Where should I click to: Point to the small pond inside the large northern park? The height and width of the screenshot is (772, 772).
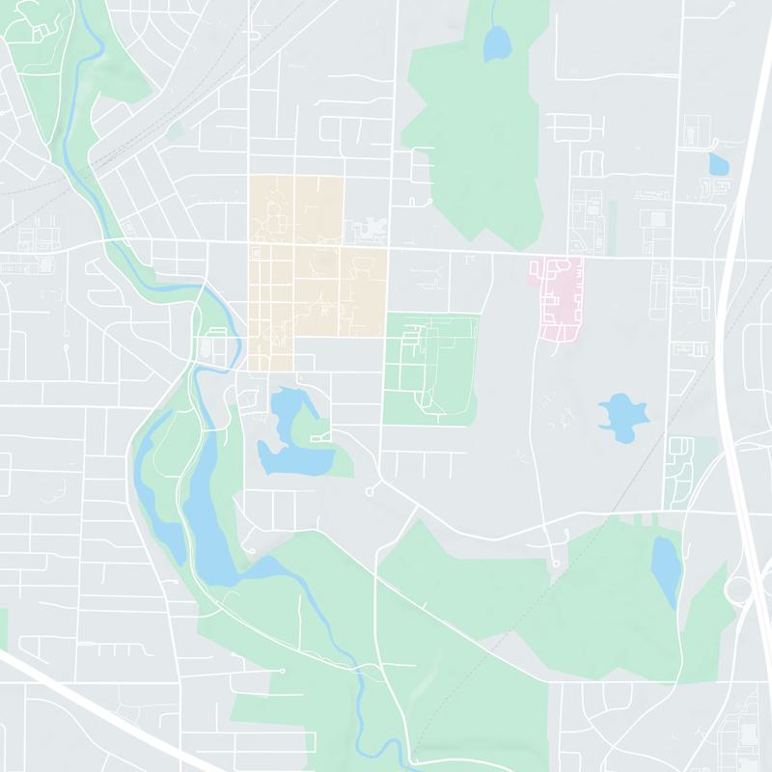(x=496, y=42)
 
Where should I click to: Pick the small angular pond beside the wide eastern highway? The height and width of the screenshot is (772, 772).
(x=718, y=163)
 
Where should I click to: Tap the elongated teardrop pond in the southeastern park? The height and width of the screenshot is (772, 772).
(x=665, y=565)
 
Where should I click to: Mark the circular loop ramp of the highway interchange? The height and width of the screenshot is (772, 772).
(x=737, y=591)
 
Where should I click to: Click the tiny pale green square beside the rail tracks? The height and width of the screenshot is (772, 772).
(x=175, y=128)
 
